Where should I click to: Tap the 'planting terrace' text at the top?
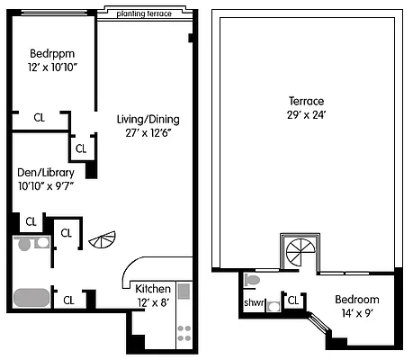[145, 13]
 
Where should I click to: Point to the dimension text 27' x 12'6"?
[148, 132]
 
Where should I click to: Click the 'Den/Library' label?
[45, 172]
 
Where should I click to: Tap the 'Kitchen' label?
[153, 289]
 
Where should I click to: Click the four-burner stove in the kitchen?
[184, 334]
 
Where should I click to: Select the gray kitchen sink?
[184, 292]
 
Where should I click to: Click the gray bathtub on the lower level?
[32, 298]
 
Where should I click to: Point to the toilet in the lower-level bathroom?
[22, 244]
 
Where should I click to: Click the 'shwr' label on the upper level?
[254, 303]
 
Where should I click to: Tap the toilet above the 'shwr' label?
[252, 281]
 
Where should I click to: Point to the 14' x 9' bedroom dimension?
[356, 314]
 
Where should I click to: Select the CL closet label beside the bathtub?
[68, 301]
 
